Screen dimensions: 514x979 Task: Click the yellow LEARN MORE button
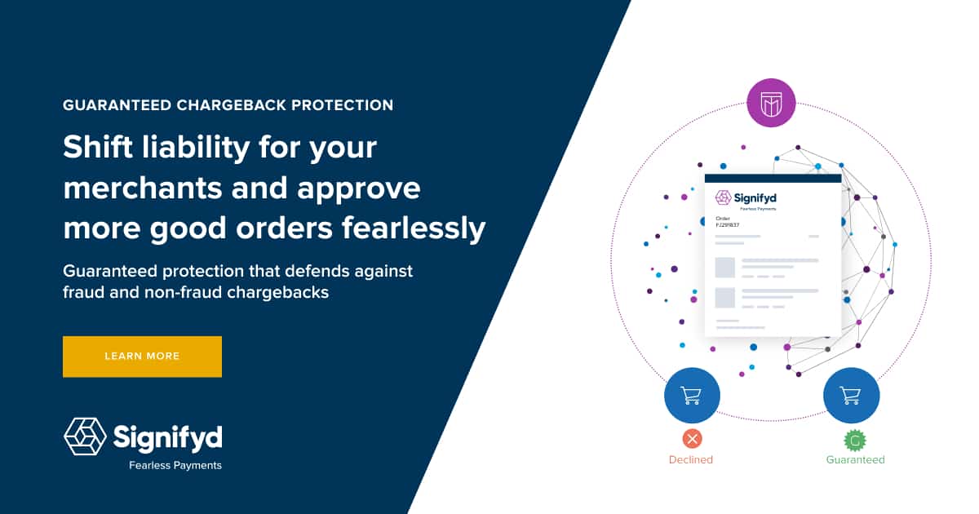click(x=142, y=357)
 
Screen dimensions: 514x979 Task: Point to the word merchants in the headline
click(x=141, y=188)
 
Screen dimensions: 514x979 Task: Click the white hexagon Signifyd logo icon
click(x=85, y=436)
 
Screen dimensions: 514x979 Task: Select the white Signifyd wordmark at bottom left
click(x=167, y=436)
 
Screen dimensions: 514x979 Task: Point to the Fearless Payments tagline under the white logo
click(x=175, y=466)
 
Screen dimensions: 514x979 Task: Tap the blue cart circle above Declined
click(x=692, y=396)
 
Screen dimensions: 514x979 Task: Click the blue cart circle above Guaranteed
click(x=851, y=396)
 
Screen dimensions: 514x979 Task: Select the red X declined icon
click(x=692, y=440)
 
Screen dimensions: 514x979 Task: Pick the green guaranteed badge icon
click(x=854, y=441)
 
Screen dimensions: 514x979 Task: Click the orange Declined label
click(x=691, y=460)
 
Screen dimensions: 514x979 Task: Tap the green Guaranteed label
click(x=855, y=460)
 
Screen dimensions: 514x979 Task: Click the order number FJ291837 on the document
click(x=728, y=225)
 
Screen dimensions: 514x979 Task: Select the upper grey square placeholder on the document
click(x=725, y=267)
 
